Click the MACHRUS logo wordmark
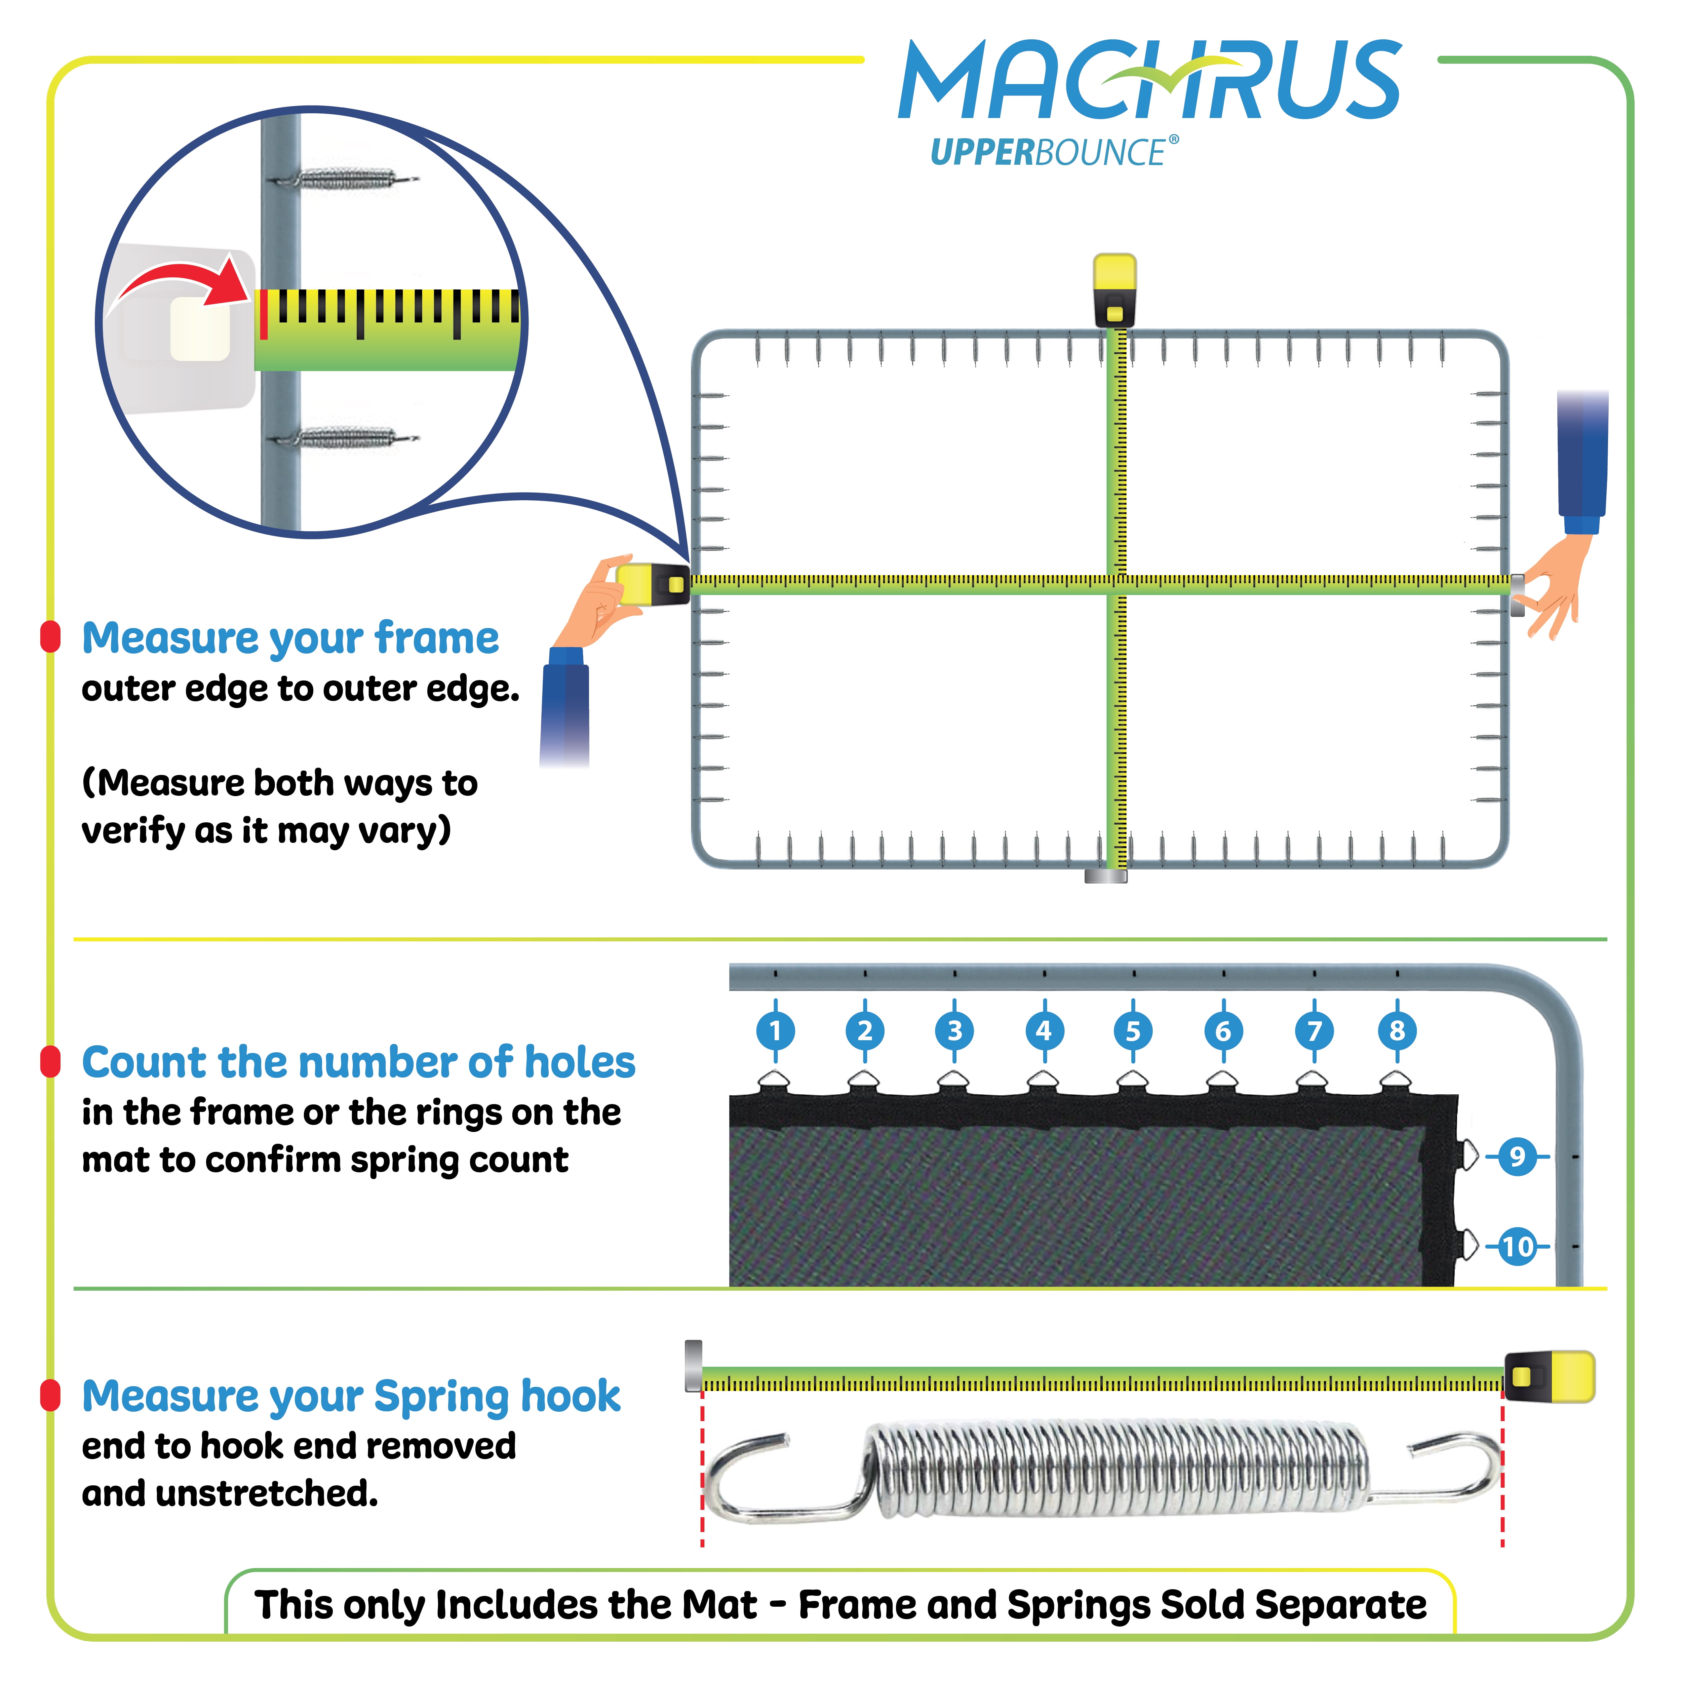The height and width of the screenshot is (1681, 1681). point(1148,80)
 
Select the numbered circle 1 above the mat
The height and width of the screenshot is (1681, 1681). point(775,1031)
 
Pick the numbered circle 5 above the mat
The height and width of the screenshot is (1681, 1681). point(1133,1031)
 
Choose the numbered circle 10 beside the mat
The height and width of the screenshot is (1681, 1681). point(1517,1247)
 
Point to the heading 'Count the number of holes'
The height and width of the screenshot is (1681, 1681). point(358,1062)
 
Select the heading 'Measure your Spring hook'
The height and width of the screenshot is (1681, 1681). point(351,1397)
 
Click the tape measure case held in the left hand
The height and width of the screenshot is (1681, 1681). point(653,584)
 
